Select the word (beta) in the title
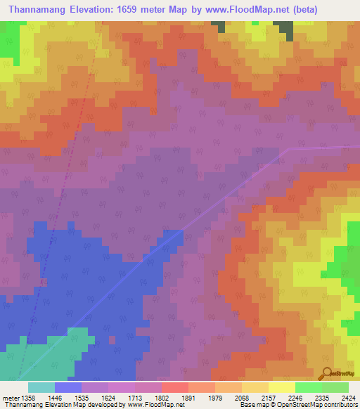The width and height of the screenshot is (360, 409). [305, 10]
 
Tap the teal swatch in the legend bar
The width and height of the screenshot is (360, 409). [41, 387]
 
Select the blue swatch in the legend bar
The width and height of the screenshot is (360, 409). [68, 387]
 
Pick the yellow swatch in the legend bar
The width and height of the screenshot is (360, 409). [281, 387]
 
